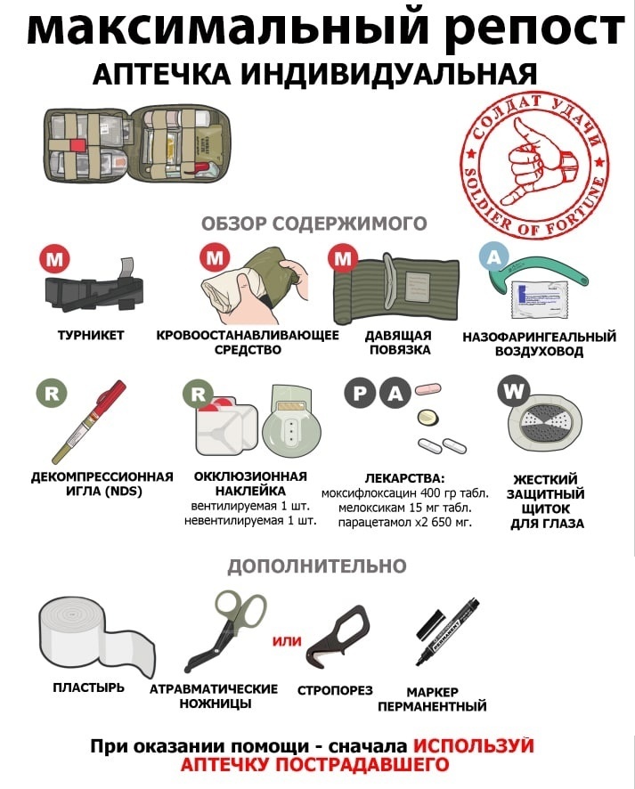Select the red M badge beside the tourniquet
point(55,259)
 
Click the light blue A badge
point(494,257)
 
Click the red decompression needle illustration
point(89,422)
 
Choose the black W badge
point(513,391)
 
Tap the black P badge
point(360,393)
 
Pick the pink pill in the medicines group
point(427,389)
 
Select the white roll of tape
point(95,637)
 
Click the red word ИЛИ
point(287,641)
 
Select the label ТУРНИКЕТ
point(91,336)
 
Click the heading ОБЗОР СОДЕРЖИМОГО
point(314,223)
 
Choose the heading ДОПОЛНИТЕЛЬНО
point(317,566)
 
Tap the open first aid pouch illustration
point(137,144)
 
